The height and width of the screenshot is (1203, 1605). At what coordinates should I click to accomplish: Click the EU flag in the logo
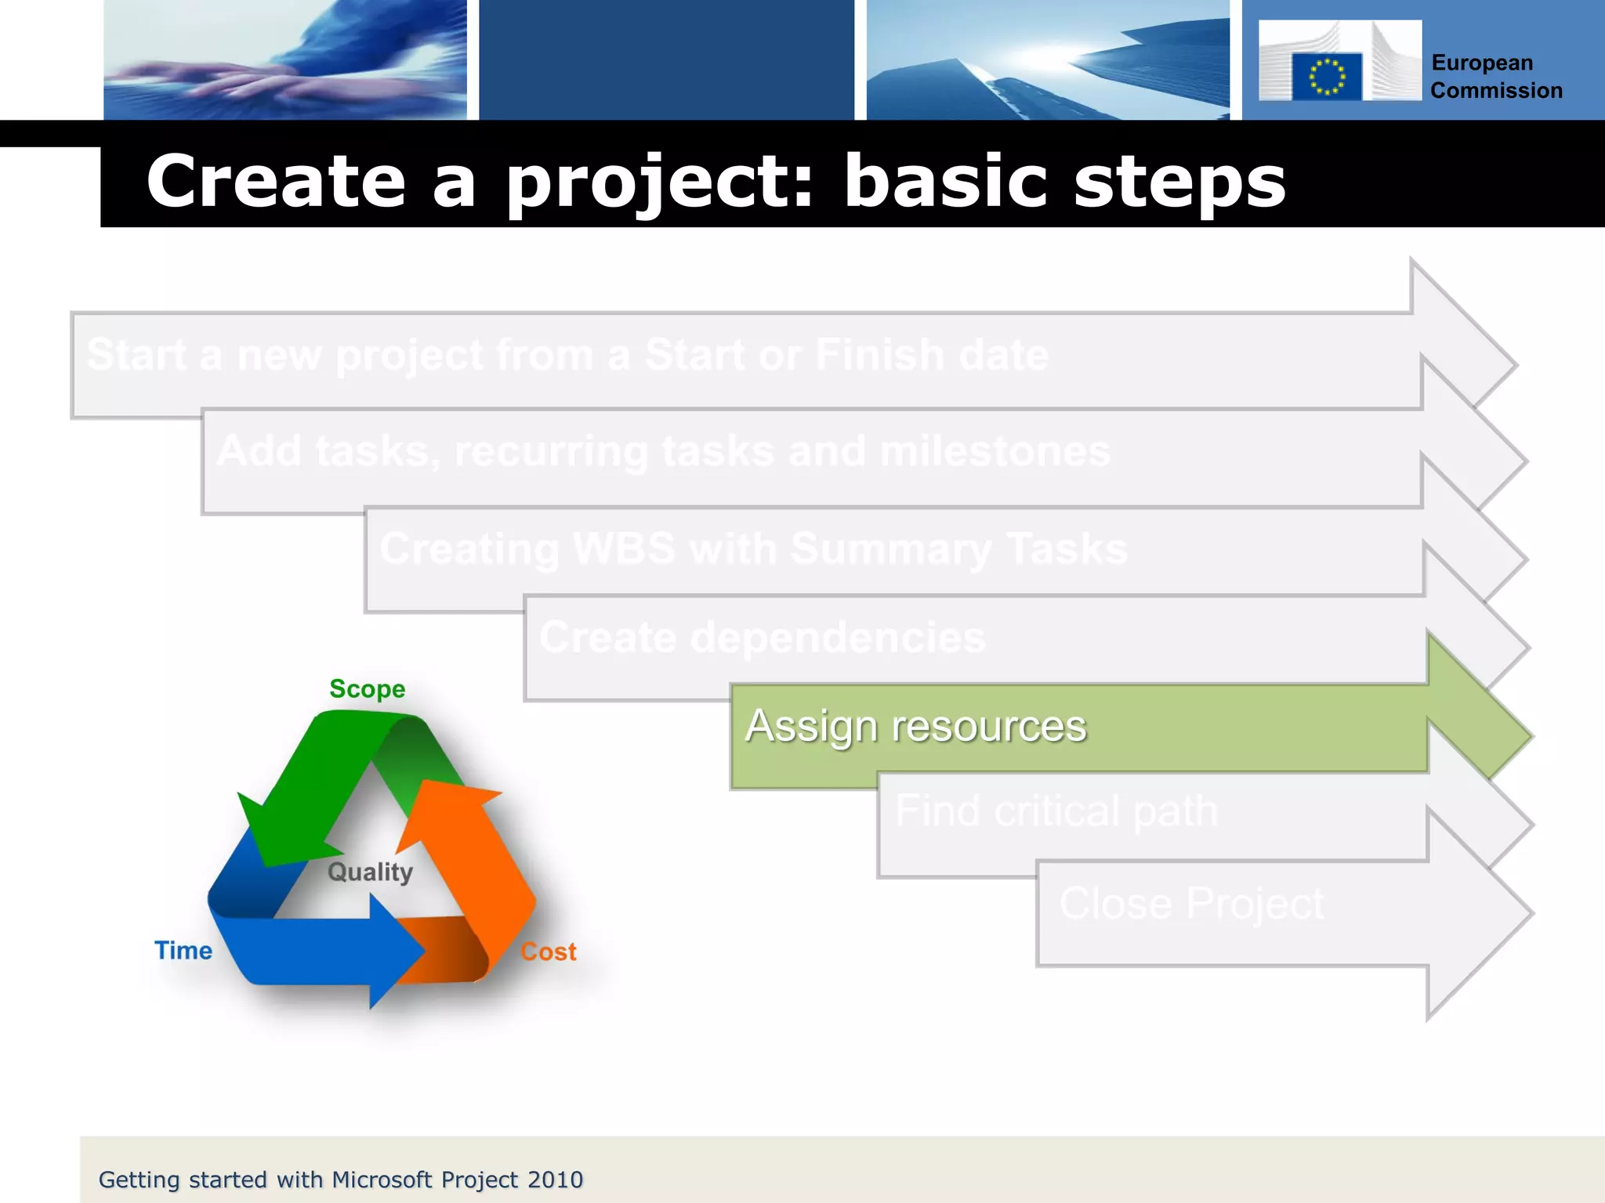pyautogui.click(x=1326, y=76)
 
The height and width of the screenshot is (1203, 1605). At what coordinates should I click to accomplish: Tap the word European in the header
pyautogui.click(x=1482, y=63)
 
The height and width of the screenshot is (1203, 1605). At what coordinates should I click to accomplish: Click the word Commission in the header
pyautogui.click(x=1496, y=91)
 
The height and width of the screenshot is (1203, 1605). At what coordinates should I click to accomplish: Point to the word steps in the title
pyautogui.click(x=1179, y=182)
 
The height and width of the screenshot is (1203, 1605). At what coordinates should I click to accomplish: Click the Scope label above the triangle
pyautogui.click(x=367, y=689)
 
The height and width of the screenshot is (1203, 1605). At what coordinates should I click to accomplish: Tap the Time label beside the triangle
pyautogui.click(x=183, y=951)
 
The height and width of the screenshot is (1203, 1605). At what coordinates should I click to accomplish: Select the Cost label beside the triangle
pyautogui.click(x=549, y=952)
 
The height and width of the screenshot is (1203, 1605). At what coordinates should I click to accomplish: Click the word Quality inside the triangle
pyautogui.click(x=370, y=872)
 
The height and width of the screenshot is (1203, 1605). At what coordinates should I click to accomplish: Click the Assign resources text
pyautogui.click(x=915, y=726)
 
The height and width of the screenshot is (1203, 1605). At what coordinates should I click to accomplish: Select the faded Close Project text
pyautogui.click(x=1191, y=904)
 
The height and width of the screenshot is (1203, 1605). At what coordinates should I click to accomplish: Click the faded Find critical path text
pyautogui.click(x=1056, y=811)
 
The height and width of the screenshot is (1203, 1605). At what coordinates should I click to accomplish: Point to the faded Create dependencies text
pyautogui.click(x=762, y=638)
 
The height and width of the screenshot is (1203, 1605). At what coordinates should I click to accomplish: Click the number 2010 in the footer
pyautogui.click(x=555, y=1180)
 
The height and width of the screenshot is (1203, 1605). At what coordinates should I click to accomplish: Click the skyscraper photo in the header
pyautogui.click(x=1048, y=60)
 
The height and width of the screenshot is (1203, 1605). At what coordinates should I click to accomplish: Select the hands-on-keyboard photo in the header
pyautogui.click(x=285, y=60)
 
